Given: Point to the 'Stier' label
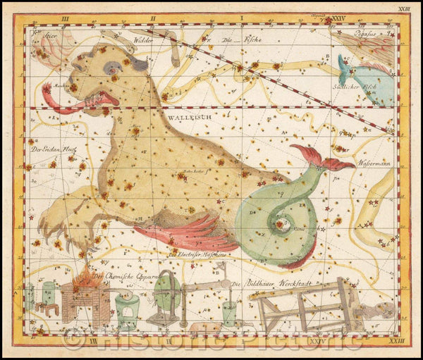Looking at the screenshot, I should click(x=49, y=32).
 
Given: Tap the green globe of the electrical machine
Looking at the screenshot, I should click(x=166, y=292).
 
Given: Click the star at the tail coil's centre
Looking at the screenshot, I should click(x=285, y=225).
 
